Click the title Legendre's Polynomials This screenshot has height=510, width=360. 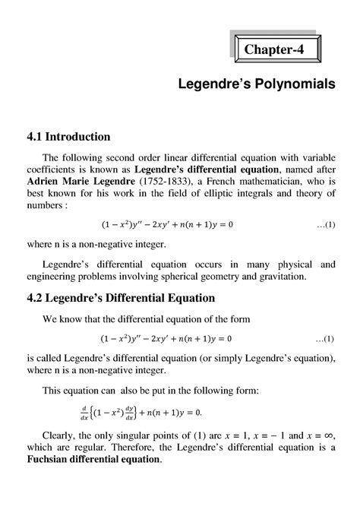click(257, 87)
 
